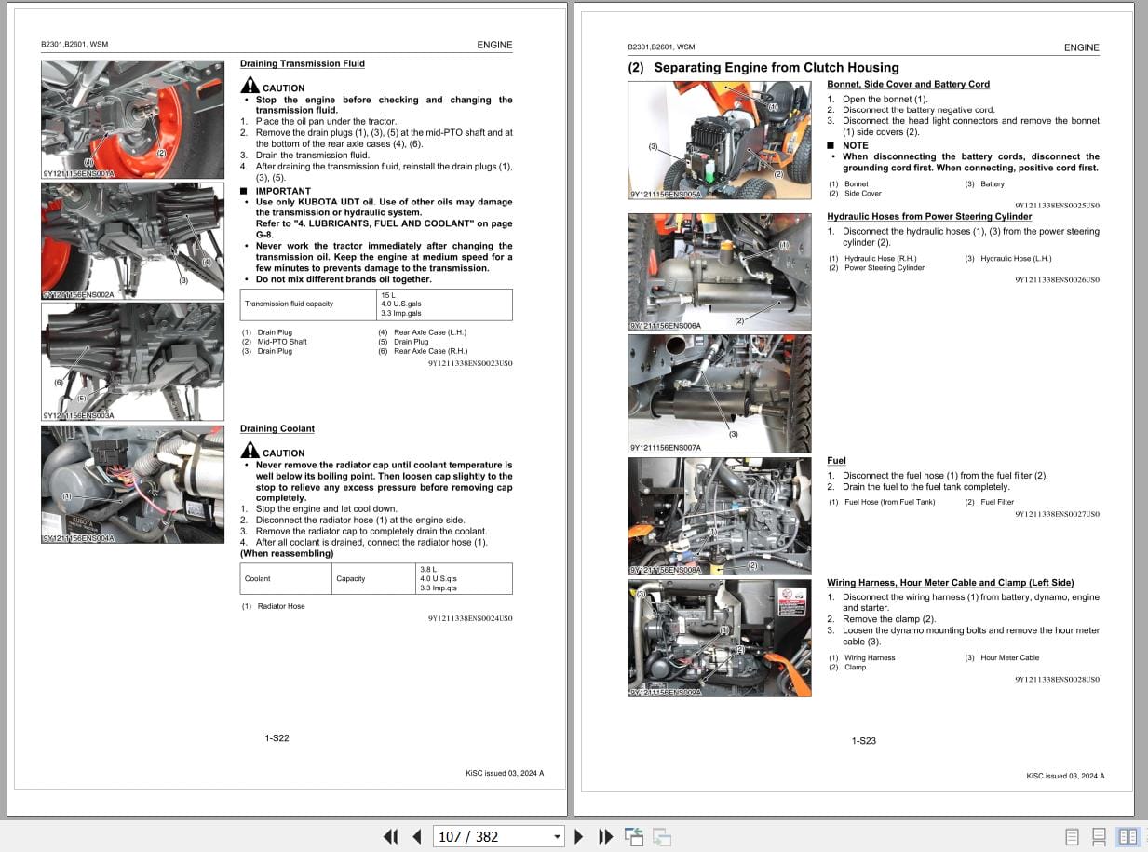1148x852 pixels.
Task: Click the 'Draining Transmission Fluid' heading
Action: click(x=302, y=63)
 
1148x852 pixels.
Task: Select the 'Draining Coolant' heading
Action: click(x=277, y=428)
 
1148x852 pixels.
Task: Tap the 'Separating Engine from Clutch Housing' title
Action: click(x=776, y=67)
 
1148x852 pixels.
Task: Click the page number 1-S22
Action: click(x=277, y=738)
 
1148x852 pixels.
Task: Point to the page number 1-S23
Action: click(x=863, y=741)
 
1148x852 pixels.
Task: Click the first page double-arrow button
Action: click(x=390, y=836)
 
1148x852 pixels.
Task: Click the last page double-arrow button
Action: click(x=605, y=836)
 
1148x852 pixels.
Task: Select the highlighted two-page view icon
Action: click(x=1127, y=836)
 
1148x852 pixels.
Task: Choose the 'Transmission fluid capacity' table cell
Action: click(x=289, y=304)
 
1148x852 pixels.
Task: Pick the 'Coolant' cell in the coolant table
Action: click(x=258, y=578)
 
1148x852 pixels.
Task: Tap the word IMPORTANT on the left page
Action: click(x=283, y=191)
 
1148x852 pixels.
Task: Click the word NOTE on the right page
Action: click(x=855, y=145)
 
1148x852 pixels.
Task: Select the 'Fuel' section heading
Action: click(x=836, y=460)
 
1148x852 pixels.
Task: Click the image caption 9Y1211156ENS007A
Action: click(x=666, y=448)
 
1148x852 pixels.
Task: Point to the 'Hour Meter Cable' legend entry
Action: click(x=1009, y=657)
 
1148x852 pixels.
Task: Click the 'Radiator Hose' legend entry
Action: click(x=280, y=606)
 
